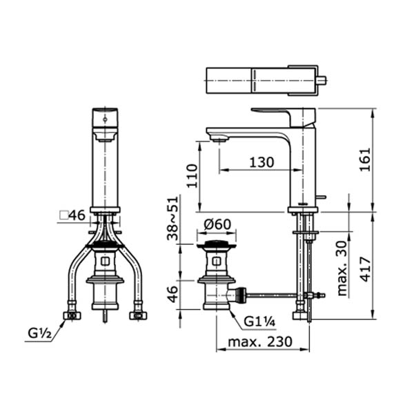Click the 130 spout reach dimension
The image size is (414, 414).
coord(262,162)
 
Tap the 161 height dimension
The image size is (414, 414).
coord(366,159)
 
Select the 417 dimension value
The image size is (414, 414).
coord(366,269)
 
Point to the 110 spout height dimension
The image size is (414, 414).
coord(192,176)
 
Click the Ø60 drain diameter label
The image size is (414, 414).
coord(217,224)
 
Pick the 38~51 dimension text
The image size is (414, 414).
coord(173,218)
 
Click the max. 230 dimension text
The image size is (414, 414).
coord(260,342)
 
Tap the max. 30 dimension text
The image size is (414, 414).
coord(342,268)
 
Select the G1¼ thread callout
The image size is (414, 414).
coord(259,322)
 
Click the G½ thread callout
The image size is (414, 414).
coord(39,334)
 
